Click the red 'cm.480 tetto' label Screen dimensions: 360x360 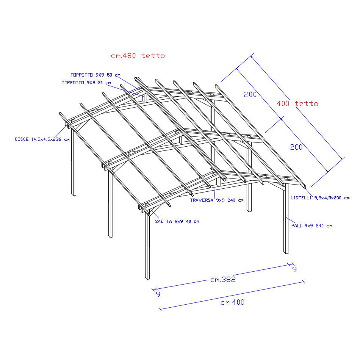[138, 56]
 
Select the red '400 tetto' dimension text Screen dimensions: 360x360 [297, 103]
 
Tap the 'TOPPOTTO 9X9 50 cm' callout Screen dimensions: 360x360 [95, 75]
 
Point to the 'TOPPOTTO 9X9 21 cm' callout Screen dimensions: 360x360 [86, 82]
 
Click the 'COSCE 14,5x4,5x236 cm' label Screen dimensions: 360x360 [42, 139]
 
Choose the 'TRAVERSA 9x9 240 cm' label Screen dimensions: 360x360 [217, 200]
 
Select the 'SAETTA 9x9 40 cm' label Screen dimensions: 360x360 [177, 221]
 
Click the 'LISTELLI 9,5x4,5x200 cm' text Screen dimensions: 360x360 [320, 198]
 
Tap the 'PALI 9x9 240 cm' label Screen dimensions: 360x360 [311, 226]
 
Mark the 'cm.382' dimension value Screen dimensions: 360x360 [223, 280]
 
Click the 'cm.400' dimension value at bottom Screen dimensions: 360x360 [232, 302]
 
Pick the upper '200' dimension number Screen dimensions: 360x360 [250, 95]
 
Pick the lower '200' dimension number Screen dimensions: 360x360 [296, 147]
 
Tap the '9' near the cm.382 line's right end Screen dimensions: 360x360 [294, 269]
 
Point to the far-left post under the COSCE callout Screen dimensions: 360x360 [74, 163]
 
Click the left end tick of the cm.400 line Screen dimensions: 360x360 [160, 309]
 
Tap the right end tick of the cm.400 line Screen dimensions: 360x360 [303, 281]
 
